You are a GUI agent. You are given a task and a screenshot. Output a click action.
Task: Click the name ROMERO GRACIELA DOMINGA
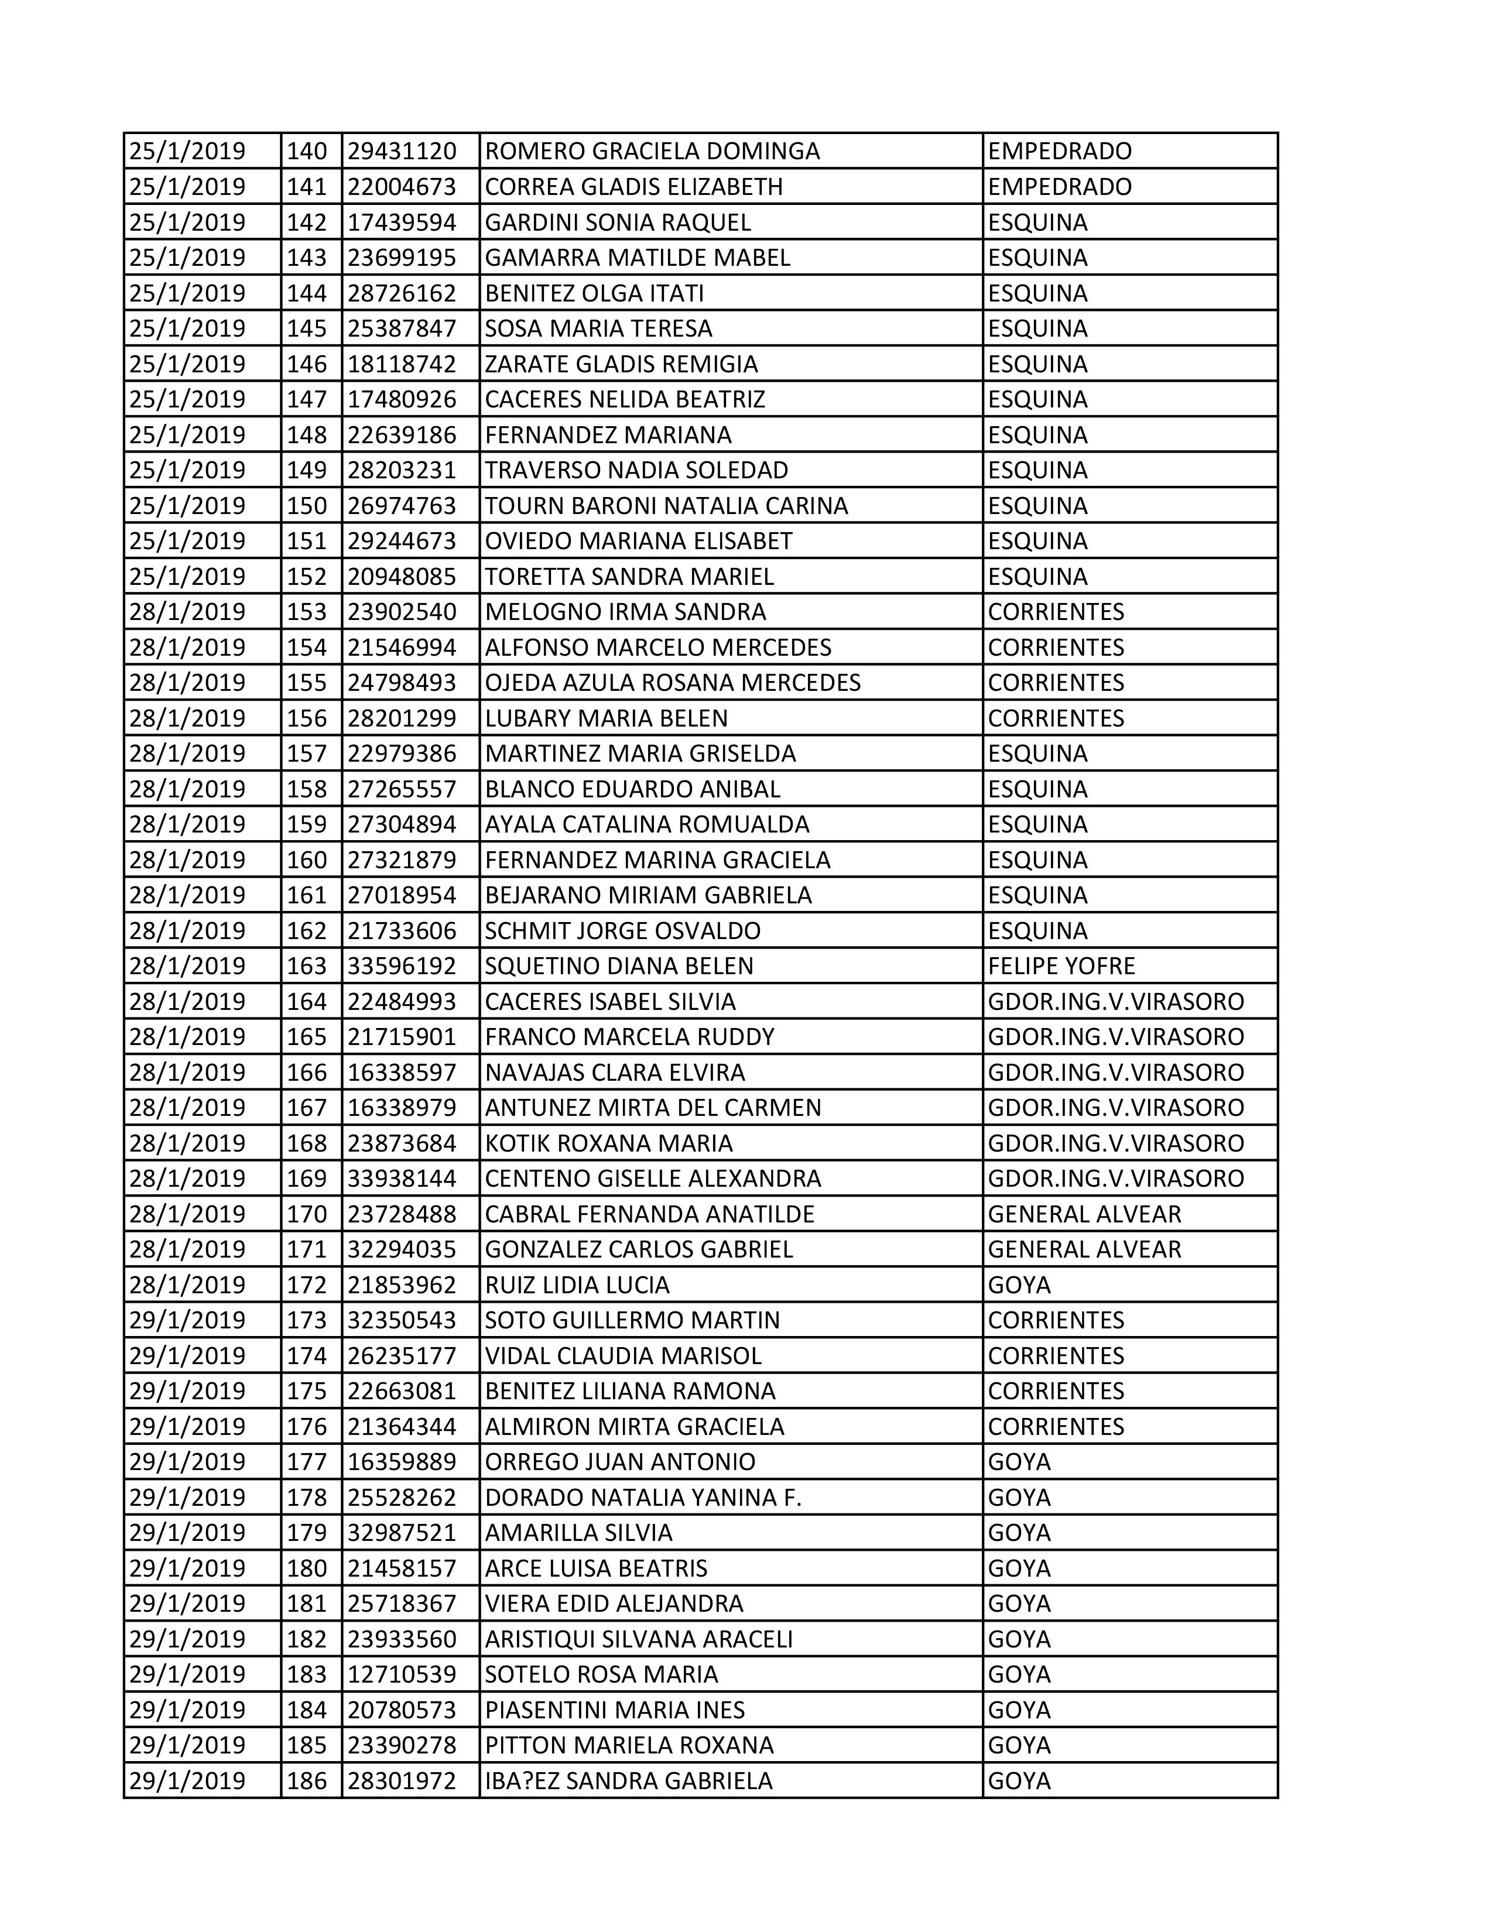click(x=652, y=151)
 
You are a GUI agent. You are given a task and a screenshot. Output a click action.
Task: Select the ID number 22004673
click(x=402, y=187)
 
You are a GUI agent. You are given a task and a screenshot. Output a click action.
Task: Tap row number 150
click(x=307, y=506)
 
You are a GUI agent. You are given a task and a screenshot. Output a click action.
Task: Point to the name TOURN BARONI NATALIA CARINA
click(x=666, y=506)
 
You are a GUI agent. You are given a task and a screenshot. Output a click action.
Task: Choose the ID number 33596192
click(x=402, y=966)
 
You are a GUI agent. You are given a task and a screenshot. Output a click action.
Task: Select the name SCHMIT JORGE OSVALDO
click(x=623, y=931)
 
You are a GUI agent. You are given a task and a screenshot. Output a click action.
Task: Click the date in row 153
click(x=187, y=612)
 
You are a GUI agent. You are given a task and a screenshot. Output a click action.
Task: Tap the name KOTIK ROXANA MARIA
click(x=608, y=1143)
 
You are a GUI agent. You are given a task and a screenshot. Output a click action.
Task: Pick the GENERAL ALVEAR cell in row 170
click(x=1084, y=1214)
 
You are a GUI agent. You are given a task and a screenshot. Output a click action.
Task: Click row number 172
click(x=307, y=1284)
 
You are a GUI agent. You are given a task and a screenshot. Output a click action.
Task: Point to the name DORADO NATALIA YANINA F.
click(x=643, y=1498)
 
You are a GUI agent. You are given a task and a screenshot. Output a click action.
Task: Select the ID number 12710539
click(x=402, y=1674)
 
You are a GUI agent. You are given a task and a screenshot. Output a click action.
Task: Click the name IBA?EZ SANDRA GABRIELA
click(x=629, y=1781)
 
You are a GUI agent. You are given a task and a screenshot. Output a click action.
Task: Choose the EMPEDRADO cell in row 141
click(x=1060, y=187)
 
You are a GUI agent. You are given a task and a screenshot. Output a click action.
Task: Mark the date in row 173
click(x=187, y=1320)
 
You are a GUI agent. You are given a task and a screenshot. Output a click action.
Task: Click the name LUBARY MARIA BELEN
click(x=607, y=718)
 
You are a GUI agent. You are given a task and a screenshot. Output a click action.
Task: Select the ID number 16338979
click(x=402, y=1108)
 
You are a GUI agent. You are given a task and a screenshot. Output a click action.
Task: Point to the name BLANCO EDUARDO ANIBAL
click(x=632, y=789)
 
